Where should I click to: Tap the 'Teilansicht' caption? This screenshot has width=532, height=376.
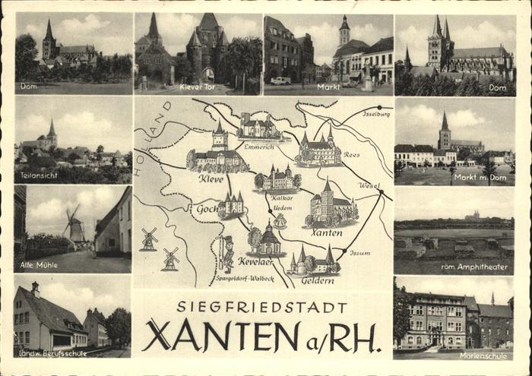click(x=35, y=176)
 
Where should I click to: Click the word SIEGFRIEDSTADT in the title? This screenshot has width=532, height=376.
click(x=262, y=306)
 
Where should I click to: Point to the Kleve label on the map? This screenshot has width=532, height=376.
click(x=211, y=179)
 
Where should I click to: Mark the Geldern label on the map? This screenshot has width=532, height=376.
click(x=317, y=280)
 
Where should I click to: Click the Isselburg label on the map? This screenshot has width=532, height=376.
click(x=377, y=114)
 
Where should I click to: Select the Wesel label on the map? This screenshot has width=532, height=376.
click(x=369, y=185)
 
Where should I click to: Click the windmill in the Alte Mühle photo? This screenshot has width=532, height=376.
click(x=74, y=225)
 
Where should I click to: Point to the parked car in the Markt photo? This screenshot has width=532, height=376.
click(x=280, y=81)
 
